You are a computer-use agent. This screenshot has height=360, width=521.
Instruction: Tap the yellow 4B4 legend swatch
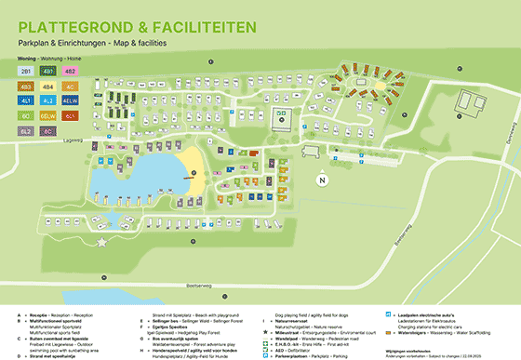coord(47,86)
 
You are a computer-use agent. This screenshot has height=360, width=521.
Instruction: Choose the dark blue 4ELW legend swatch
coord(71,100)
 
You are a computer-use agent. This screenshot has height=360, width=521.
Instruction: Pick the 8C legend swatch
coord(47,131)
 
